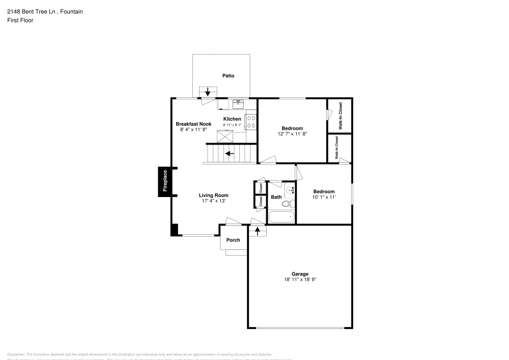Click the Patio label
[228, 76]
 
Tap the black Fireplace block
[164, 182]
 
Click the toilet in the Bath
[287, 204]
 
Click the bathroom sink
[291, 190]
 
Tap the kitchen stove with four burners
[251, 121]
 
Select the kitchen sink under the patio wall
[238, 104]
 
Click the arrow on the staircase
[230, 153]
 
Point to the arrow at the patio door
[208, 92]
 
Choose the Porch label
[233, 240]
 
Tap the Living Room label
[213, 195]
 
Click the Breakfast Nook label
[193, 124]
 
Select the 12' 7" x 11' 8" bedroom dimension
[292, 134]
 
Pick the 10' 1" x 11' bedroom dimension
[323, 197]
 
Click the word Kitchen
[232, 119]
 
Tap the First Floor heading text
[20, 20]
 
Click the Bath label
[276, 197]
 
